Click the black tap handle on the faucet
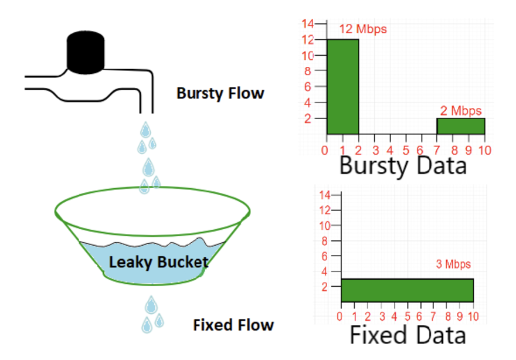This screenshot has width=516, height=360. click(86, 52)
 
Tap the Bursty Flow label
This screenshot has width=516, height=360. click(220, 93)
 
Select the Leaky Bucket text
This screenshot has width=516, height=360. click(158, 261)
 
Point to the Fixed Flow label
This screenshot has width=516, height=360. click(233, 324)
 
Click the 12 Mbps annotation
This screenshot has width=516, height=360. click(363, 29)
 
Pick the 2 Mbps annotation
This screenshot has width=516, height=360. click(461, 110)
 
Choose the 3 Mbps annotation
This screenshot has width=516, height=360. click(454, 264)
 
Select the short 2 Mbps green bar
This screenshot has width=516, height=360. click(460, 126)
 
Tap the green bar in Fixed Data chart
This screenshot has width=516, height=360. click(407, 290)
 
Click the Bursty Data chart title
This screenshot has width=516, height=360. click(403, 166)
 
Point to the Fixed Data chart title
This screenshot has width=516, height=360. click(408, 335)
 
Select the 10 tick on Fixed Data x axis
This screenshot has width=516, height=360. click(474, 317)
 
